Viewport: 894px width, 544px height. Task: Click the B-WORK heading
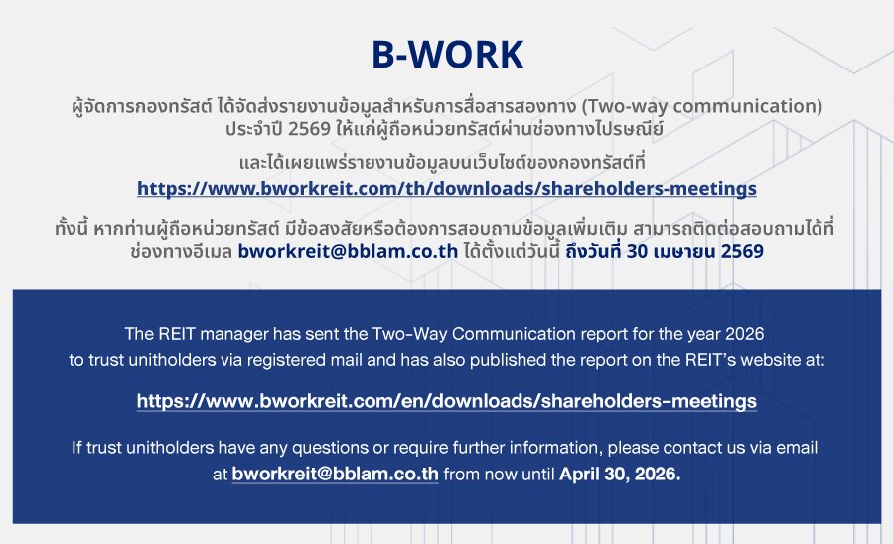[448, 55]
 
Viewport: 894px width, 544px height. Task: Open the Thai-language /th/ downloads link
[447, 188]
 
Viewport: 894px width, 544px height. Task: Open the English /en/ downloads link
[447, 401]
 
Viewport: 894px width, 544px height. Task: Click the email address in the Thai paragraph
[348, 251]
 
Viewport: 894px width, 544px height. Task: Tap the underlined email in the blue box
[336, 474]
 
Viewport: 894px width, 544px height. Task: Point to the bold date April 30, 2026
[620, 474]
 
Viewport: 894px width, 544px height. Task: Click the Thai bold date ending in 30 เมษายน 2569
[665, 251]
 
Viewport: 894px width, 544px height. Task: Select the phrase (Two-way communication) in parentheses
[702, 106]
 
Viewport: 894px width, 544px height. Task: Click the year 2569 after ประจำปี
[310, 129]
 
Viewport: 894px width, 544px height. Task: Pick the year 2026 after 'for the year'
[744, 334]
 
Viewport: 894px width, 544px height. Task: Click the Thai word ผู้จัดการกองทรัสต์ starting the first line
[142, 106]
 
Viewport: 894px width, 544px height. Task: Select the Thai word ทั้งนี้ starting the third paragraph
[72, 228]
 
